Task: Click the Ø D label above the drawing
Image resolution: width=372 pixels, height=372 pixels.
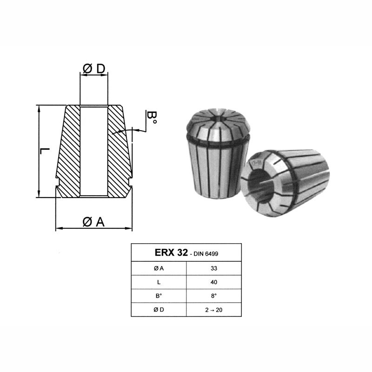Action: pos(94,68)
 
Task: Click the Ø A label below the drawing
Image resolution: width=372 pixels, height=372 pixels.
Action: pos(93,222)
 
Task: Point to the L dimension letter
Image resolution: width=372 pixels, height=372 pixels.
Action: pos(44,151)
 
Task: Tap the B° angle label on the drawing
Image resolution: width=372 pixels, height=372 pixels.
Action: pos(152,118)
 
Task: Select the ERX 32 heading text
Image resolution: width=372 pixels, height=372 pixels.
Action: pos(171,252)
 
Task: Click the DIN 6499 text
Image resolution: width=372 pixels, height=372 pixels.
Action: pos(206,254)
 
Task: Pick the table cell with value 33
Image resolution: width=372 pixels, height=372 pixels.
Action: pos(214,268)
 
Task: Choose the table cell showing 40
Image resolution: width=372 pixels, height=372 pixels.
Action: pos(214,282)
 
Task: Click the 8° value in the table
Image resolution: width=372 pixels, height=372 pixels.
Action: pos(214,296)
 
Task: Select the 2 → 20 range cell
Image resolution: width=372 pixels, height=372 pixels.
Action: pos(214,310)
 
